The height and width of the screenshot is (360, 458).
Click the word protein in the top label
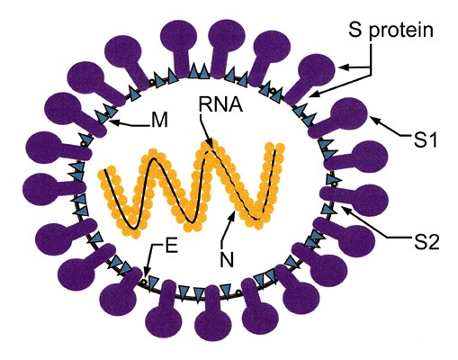click(401, 31)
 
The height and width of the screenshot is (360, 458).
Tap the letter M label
click(159, 121)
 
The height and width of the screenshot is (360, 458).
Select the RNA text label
click(220, 104)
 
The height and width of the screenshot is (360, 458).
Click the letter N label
click(227, 259)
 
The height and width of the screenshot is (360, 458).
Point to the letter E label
click(172, 247)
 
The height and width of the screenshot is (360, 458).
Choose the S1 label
click(426, 140)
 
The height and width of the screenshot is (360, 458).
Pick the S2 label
click(427, 242)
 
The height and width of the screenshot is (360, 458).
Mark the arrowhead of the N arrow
click(232, 214)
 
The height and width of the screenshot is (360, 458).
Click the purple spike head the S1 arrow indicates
click(351, 114)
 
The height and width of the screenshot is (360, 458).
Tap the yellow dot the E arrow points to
click(144, 283)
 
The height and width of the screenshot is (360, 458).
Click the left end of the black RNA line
click(104, 170)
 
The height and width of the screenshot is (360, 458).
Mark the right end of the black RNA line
click(275, 150)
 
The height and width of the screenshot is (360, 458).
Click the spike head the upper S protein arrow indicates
click(317, 71)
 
